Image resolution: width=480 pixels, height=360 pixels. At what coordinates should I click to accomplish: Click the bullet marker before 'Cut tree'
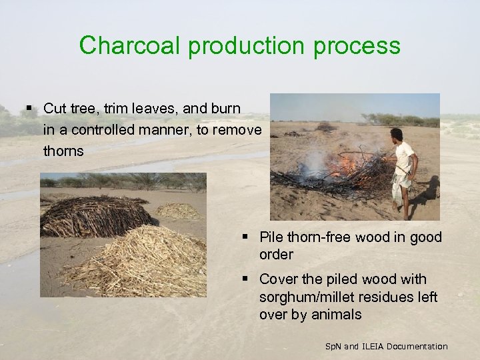(x=29, y=108)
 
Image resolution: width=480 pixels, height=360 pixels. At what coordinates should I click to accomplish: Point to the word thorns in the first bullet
(x=63, y=151)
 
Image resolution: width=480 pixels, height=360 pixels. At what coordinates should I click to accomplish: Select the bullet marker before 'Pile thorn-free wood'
(x=246, y=237)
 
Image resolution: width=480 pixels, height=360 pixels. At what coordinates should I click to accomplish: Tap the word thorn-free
(x=320, y=237)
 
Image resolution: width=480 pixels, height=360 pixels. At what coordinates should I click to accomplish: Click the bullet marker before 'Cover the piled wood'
(x=246, y=279)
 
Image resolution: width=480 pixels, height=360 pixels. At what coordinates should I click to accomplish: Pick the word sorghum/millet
(x=313, y=297)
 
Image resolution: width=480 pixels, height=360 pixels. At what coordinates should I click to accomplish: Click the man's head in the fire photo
(x=397, y=135)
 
